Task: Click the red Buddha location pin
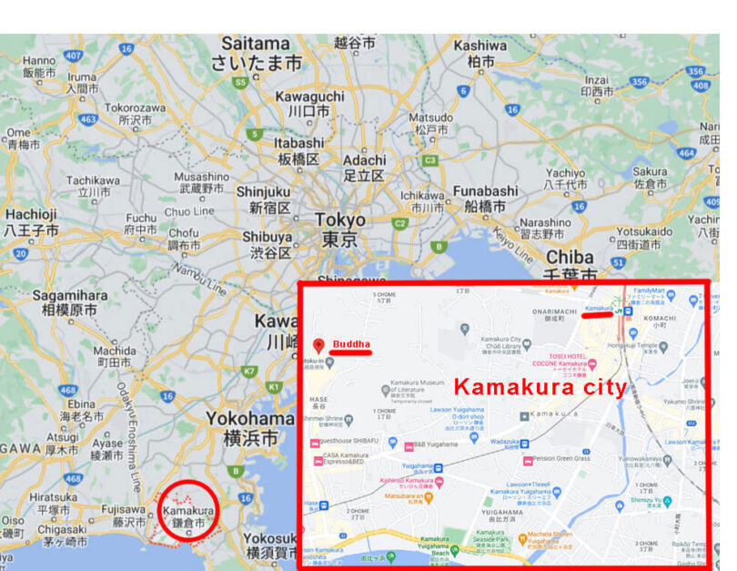tap(318, 345)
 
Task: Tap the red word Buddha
tap(351, 344)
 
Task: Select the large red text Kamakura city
tap(540, 387)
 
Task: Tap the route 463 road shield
tap(88, 119)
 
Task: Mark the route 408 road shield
tap(700, 86)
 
